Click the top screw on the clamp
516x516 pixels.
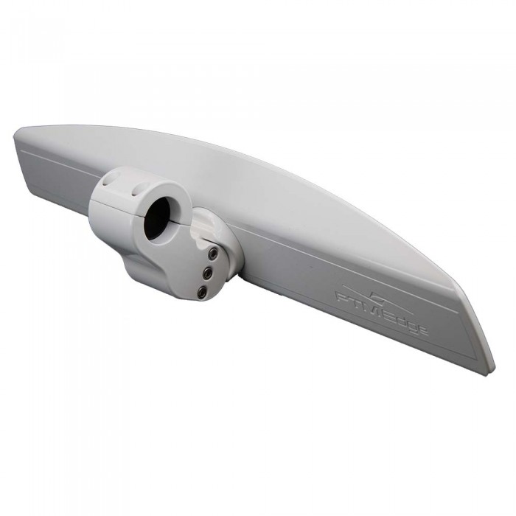coord(212,253)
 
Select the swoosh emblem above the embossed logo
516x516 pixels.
coord(376,295)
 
